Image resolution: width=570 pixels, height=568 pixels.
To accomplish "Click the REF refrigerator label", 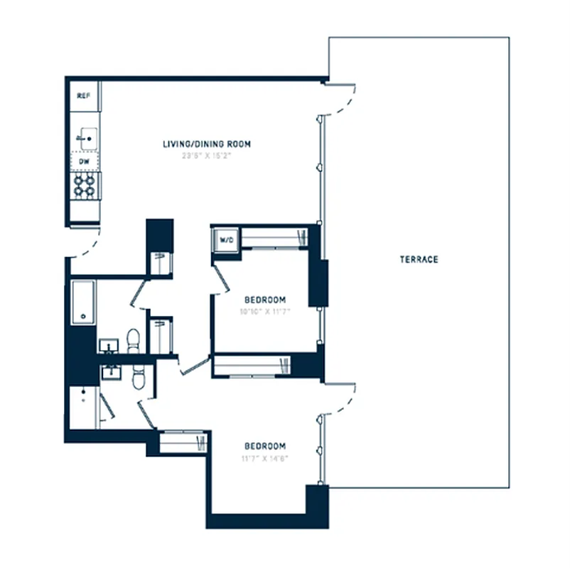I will coord(82,95).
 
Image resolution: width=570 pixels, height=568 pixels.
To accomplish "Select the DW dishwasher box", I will coord(84,161).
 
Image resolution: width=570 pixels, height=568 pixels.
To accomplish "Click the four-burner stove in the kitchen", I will coord(85,185).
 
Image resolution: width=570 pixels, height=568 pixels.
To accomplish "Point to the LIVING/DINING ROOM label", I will coord(207,144).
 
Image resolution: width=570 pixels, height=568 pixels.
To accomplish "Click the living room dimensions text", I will coord(207,155).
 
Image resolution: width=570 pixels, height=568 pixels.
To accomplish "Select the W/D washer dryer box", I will coord(227,240).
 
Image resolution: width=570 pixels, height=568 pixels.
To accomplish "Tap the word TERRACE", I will coord(419,259).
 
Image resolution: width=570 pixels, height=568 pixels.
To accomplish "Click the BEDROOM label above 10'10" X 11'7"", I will coord(265,299).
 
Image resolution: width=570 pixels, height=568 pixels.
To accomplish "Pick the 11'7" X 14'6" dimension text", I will coord(265,457).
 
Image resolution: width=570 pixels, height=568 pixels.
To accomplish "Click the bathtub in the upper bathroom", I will coord(83,302).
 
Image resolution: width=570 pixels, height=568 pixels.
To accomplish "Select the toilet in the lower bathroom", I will coord(139,378).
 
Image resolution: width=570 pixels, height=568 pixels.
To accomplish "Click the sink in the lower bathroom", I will coord(111,372).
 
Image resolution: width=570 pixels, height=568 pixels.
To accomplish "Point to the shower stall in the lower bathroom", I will coord(83,408).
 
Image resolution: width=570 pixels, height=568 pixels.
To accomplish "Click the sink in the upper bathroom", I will coord(109,346).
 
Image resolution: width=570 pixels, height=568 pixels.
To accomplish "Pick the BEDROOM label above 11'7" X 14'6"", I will coord(265,446).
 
